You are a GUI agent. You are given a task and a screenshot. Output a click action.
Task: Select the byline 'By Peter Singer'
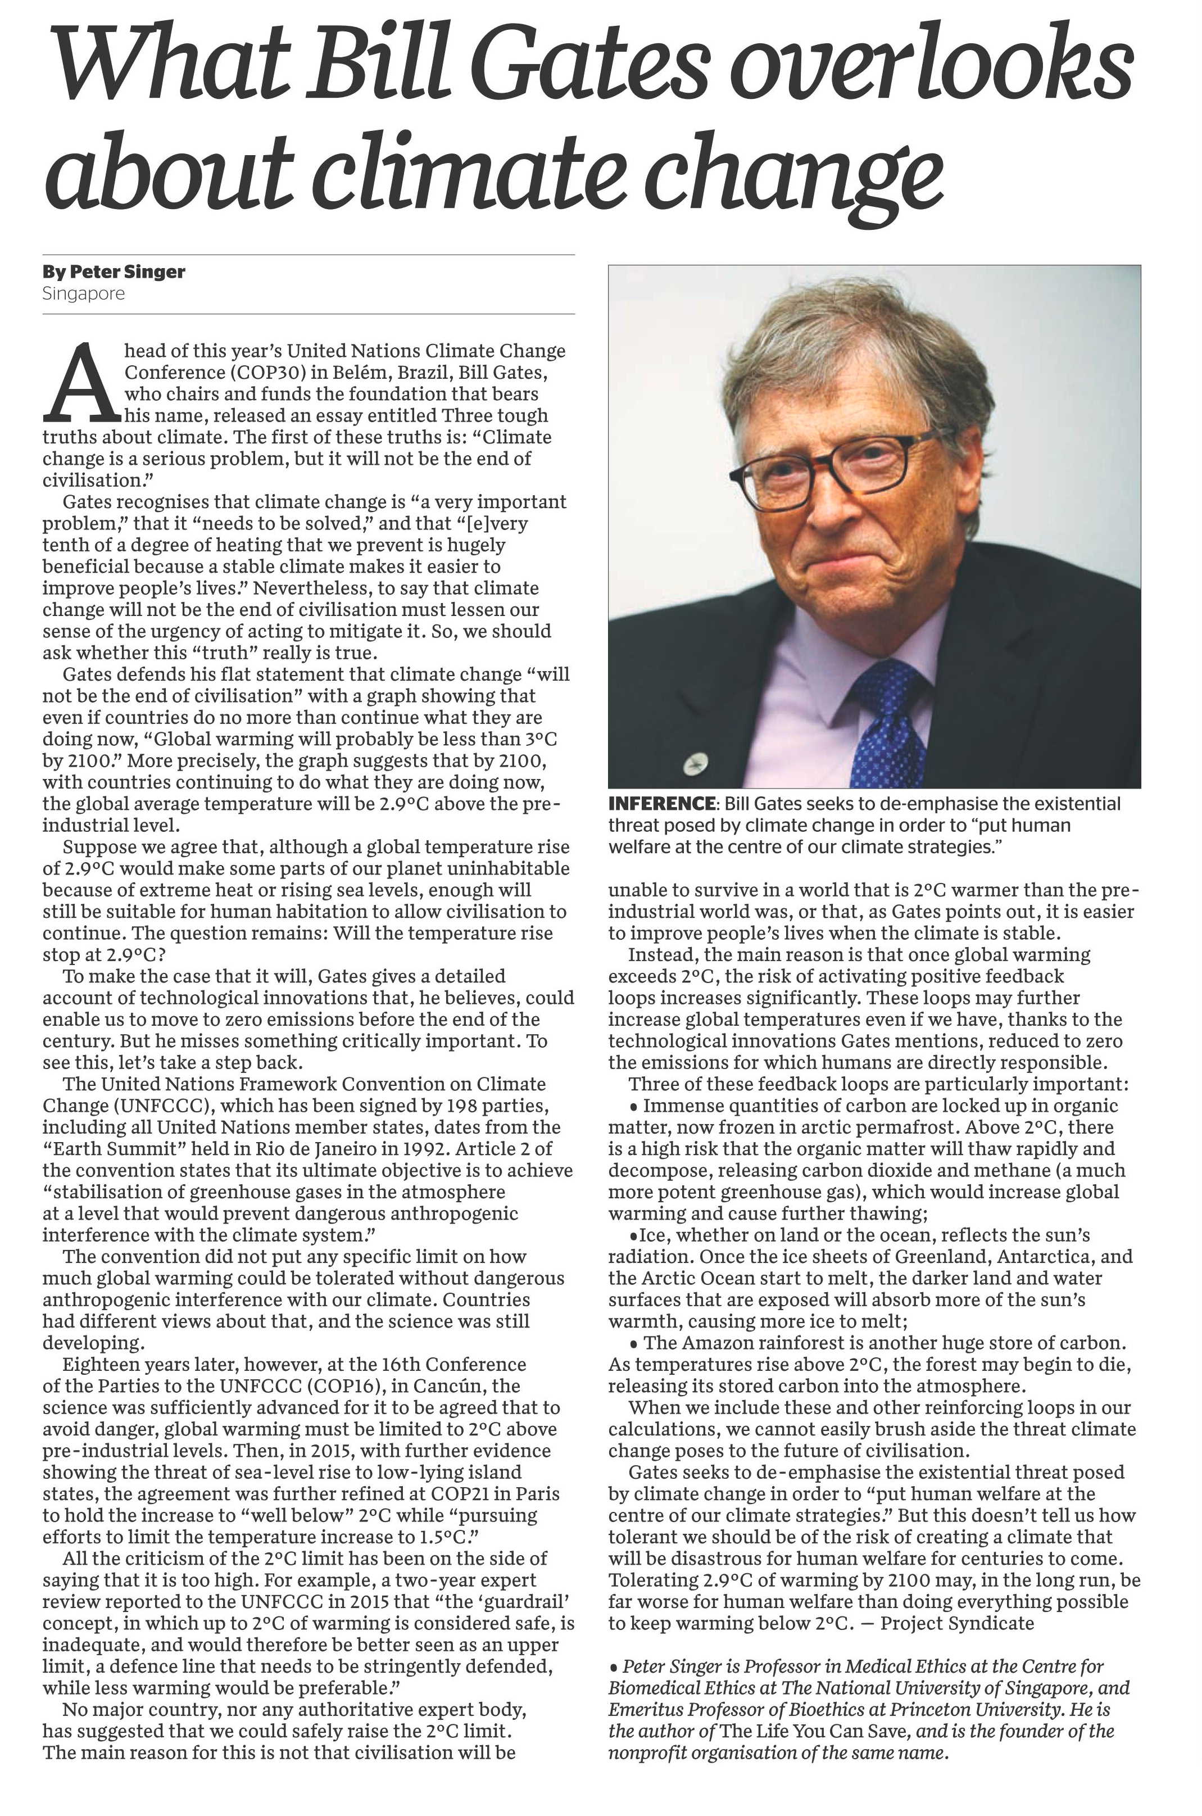pos(114,271)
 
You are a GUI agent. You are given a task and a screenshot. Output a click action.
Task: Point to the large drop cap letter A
pos(82,383)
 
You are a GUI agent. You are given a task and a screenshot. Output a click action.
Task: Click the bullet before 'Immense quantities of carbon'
pos(633,1107)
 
